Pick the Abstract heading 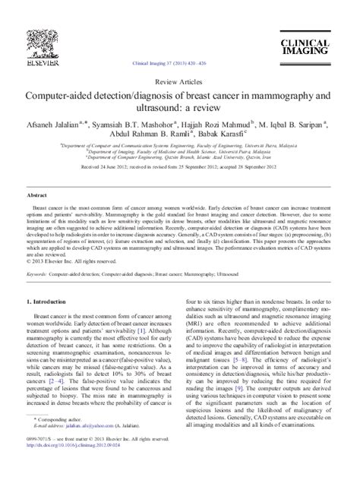tap(38, 194)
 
